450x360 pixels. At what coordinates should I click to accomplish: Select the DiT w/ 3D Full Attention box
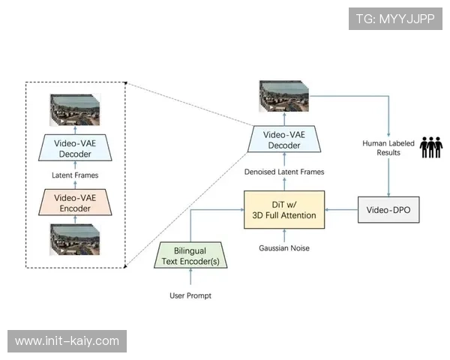point(283,209)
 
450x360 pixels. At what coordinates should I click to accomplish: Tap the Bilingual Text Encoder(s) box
point(190,256)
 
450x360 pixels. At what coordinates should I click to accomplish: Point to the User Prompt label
point(190,295)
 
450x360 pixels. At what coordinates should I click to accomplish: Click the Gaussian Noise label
point(284,248)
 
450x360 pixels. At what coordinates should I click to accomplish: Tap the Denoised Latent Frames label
point(284,172)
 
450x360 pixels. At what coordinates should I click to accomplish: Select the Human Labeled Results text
point(387,148)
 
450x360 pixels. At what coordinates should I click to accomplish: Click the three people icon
point(430,147)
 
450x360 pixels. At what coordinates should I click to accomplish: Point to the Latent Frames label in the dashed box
point(74,175)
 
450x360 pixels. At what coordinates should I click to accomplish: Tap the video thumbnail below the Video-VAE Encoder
point(74,239)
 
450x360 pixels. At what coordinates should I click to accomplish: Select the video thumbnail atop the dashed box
point(74,109)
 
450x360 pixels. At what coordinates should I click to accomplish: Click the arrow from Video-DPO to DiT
point(342,209)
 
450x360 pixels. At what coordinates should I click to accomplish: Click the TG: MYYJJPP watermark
point(395,18)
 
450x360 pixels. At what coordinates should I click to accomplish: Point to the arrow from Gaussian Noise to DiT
point(284,235)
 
